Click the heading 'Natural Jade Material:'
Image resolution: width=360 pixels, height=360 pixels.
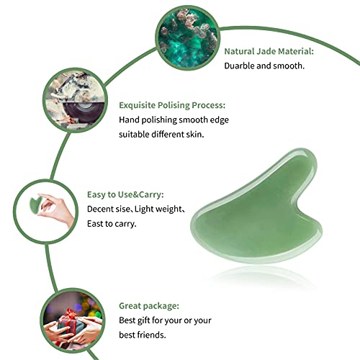[x=269, y=51]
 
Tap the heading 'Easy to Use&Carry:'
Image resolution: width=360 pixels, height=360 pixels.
[x=146, y=195]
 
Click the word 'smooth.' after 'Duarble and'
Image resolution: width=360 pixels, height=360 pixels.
[x=290, y=65]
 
